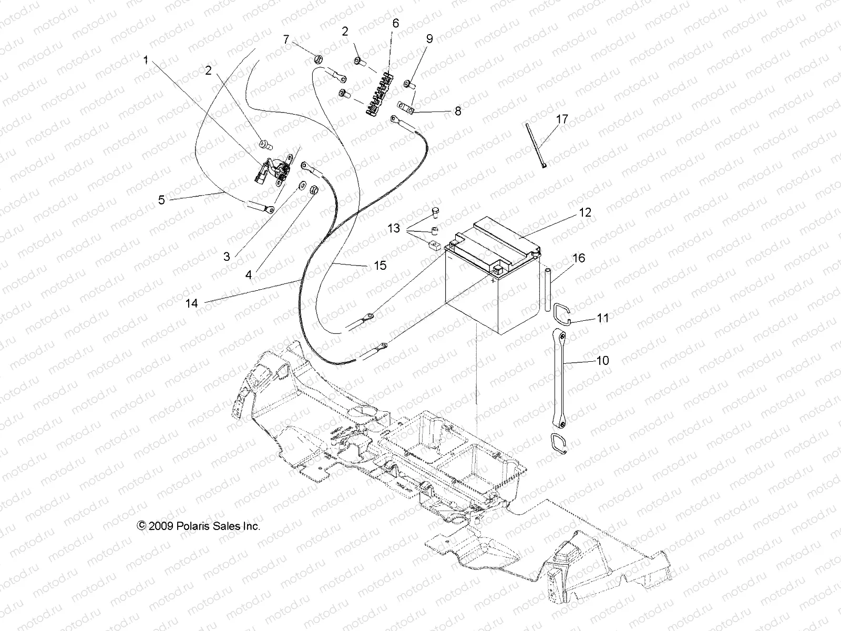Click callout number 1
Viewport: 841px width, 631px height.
(x=146, y=60)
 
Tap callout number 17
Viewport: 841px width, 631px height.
(x=562, y=119)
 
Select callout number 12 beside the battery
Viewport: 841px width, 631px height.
(x=585, y=212)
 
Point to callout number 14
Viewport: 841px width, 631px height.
(x=191, y=303)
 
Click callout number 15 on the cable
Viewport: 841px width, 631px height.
(x=380, y=266)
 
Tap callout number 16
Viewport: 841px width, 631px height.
(x=579, y=258)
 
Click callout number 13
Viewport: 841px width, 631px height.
(x=394, y=229)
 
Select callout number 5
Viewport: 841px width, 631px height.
(x=161, y=200)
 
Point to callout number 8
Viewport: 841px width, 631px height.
(x=458, y=111)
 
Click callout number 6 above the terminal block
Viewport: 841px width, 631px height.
(x=395, y=23)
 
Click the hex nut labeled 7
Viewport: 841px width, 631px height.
(x=317, y=60)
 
